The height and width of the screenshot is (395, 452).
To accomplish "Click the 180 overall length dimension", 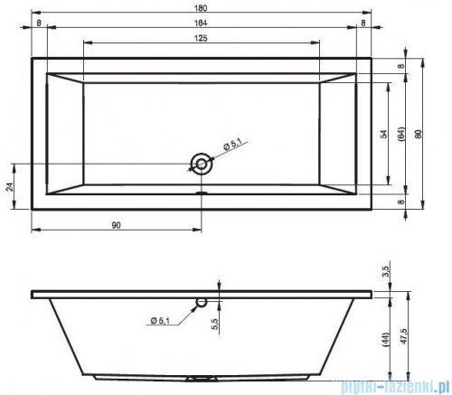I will coord(202,6).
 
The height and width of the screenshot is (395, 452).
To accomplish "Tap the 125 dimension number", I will coord(202,37).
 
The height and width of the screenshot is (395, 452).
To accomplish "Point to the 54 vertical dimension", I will coord(383,134).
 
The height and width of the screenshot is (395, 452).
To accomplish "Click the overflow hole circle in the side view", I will coord(202,304).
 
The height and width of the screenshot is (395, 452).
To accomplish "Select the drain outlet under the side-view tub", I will coord(202,379).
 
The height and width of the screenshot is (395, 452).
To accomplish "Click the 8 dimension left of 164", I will coord(40,23).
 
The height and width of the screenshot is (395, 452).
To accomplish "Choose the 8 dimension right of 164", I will coord(363,23).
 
